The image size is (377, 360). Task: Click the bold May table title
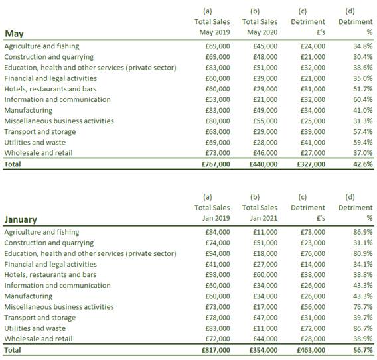coord(14,34)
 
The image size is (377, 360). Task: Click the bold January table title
coord(21,219)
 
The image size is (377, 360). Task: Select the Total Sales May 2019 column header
coord(212,27)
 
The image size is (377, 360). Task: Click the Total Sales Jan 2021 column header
coord(260,213)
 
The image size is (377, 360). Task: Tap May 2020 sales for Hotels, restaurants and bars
coord(265,89)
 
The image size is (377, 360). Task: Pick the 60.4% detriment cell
coord(363,99)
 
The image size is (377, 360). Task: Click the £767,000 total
coord(216,164)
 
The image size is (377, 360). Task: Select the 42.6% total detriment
coord(363,164)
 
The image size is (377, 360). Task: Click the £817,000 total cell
coord(216,350)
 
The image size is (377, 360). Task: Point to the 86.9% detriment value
coord(363,232)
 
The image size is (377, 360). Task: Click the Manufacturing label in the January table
coord(29,296)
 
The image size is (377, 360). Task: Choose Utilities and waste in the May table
coord(35,143)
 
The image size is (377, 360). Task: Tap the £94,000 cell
coord(218,254)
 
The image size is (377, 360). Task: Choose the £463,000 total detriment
coord(311,350)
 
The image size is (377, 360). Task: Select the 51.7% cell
coord(363,89)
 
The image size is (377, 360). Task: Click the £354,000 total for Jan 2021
coord(264,350)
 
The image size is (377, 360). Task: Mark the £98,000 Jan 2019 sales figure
coord(218,275)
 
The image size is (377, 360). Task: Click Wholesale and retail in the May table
coord(38,153)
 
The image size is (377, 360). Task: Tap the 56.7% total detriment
coord(363,350)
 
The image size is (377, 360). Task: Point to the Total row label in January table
coord(13,350)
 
